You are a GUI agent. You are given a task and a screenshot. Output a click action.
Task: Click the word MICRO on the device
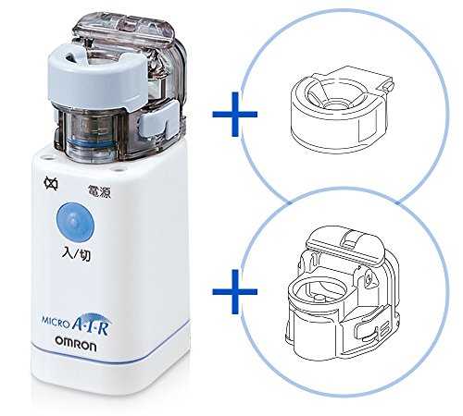pos(56,322)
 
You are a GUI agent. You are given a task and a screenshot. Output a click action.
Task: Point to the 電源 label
pos(99,191)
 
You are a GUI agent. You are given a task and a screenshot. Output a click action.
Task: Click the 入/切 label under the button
pos(76,254)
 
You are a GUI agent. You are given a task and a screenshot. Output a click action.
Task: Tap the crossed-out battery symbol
pos(51,184)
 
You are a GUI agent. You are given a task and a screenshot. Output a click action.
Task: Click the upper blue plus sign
pos(235,114)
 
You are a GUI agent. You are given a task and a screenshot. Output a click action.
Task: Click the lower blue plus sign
pos(235,291)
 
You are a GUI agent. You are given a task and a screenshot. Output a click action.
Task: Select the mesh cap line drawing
pos(342,109)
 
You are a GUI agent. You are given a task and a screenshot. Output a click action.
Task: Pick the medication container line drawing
pos(342,293)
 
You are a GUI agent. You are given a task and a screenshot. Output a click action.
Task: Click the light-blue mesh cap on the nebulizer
pos(97,77)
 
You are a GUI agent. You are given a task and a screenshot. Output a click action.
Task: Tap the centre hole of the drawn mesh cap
pos(334,104)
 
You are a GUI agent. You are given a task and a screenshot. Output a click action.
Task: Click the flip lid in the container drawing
pos(344,243)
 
